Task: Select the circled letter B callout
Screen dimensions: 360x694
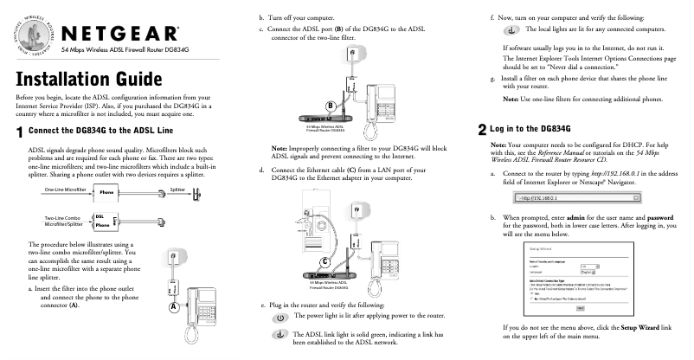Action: point(330,106)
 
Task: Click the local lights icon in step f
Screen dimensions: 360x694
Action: point(512,31)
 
